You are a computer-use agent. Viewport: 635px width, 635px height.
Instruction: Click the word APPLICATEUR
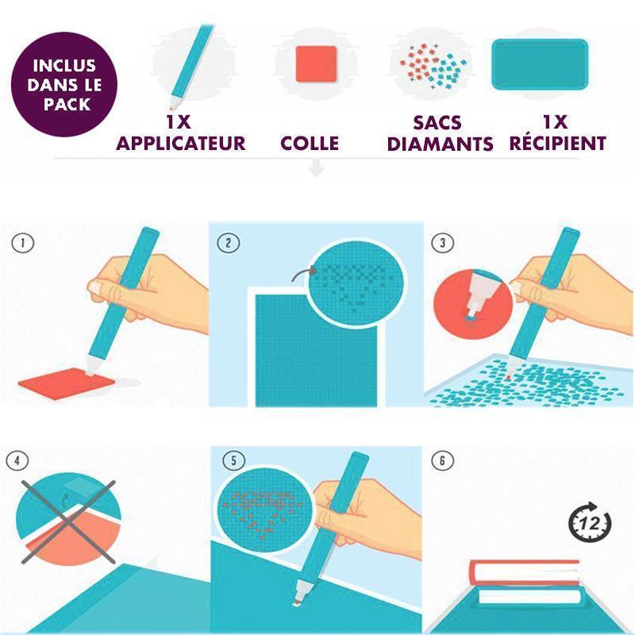pyautogui.click(x=181, y=144)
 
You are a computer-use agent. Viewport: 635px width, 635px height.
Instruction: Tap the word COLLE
pyautogui.click(x=310, y=144)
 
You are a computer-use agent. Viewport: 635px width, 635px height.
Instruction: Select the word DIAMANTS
pyautogui.click(x=441, y=144)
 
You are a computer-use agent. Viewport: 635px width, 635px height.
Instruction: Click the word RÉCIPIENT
pyautogui.click(x=558, y=143)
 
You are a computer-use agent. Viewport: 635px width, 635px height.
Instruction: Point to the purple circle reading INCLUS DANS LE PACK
pyautogui.click(x=64, y=84)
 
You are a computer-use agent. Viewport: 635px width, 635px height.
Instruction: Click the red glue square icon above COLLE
pyautogui.click(x=316, y=64)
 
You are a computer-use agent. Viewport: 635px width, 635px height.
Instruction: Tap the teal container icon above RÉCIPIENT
pyautogui.click(x=540, y=64)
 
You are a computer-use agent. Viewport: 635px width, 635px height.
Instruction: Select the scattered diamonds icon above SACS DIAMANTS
pyautogui.click(x=433, y=66)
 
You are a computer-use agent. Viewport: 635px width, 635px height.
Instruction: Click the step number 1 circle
pyautogui.click(x=23, y=243)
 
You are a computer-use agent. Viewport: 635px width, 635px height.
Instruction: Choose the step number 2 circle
pyautogui.click(x=229, y=243)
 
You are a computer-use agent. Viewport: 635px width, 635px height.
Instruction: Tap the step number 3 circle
pyautogui.click(x=442, y=243)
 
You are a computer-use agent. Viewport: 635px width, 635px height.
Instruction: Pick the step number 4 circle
pyautogui.click(x=17, y=460)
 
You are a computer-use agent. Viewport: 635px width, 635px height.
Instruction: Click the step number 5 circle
pyautogui.click(x=233, y=460)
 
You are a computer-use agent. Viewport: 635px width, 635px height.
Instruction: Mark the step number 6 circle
pyautogui.click(x=442, y=460)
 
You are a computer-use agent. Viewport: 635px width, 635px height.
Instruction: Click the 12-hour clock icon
pyautogui.click(x=590, y=522)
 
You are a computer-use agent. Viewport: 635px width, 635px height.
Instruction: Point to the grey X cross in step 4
pyautogui.click(x=68, y=522)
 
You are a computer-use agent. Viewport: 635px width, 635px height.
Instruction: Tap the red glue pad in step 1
pyautogui.click(x=67, y=383)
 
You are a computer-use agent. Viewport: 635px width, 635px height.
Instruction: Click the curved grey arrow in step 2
pyautogui.click(x=303, y=273)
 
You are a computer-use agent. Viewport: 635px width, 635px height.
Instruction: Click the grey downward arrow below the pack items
pyautogui.click(x=316, y=168)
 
